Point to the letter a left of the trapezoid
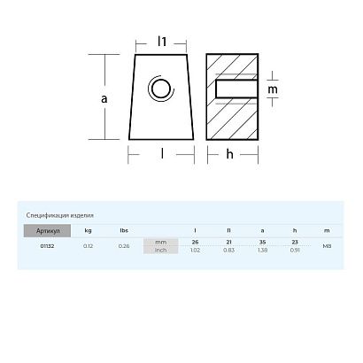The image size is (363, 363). [x=105, y=99]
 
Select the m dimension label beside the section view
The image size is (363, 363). [x=272, y=89]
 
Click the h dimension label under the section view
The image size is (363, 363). [x=228, y=155]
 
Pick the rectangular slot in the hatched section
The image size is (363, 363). [x=236, y=89]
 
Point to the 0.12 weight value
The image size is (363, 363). [x=88, y=245]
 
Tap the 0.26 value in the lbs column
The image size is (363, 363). [x=124, y=245]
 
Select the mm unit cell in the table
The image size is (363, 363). [x=160, y=242]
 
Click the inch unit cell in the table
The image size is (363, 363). [x=160, y=250]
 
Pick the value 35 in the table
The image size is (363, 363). [x=263, y=242]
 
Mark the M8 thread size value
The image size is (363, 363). [x=328, y=245]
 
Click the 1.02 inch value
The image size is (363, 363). [x=196, y=250]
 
